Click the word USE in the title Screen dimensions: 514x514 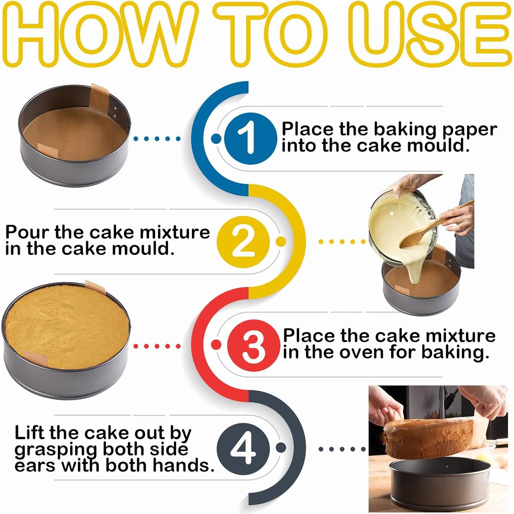pyautogui.click(x=429, y=36)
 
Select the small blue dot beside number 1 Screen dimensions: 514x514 pyautogui.click(x=216, y=138)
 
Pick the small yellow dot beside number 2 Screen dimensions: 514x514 pyautogui.click(x=281, y=241)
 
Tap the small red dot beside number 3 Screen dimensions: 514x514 pyautogui.click(x=216, y=345)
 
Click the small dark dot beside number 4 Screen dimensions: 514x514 pyautogui.click(x=281, y=447)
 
